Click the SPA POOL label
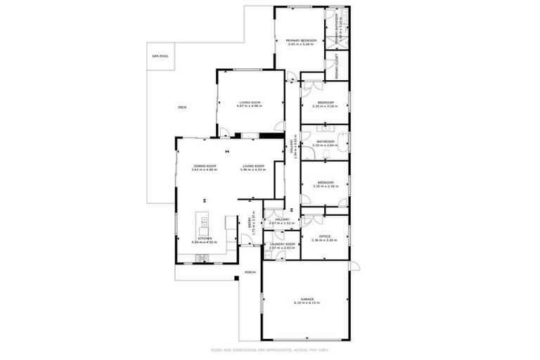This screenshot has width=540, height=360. tap(160, 56)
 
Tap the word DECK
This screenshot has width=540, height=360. tap(182, 107)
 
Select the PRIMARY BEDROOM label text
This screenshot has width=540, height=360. tap(300, 41)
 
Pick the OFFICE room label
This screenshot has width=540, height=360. tap(325, 236)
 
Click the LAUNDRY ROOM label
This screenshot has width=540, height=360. tap(282, 244)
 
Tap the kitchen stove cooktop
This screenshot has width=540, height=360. tap(202, 257)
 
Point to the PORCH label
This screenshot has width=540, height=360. tap(249, 272)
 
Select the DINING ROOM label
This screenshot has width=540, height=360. tap(205, 166)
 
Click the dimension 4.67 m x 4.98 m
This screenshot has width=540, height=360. tap(249, 106)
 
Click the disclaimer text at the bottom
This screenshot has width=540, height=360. tap(270, 349)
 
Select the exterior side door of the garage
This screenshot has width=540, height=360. tap(354, 266)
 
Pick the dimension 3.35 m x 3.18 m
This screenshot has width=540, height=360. tap(325, 106)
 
